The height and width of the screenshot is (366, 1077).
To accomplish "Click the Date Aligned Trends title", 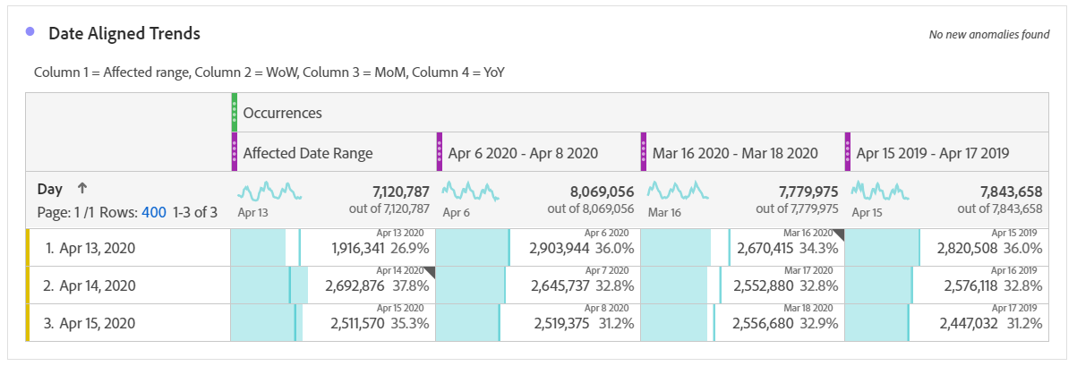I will click(x=124, y=34).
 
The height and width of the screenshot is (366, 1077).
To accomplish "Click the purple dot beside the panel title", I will click(x=30, y=31).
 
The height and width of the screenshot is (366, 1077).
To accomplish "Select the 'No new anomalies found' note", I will click(x=988, y=35).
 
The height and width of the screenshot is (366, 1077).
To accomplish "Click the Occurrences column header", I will click(x=282, y=114).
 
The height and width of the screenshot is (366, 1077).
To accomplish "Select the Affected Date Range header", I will click(x=309, y=153).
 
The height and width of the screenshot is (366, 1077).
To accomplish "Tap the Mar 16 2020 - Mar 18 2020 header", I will click(x=734, y=153).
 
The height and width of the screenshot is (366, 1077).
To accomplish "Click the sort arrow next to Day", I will click(x=81, y=189).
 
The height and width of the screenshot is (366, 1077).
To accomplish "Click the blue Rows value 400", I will click(x=154, y=212).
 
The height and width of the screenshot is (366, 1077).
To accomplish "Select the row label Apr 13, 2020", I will click(x=97, y=249).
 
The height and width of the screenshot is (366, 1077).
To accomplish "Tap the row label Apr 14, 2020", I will click(x=97, y=286).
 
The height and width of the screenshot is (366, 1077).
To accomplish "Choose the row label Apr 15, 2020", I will click(x=97, y=323).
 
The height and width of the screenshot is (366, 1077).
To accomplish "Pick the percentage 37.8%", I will click(x=411, y=285).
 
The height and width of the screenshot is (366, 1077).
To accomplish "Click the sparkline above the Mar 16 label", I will click(x=678, y=191).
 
